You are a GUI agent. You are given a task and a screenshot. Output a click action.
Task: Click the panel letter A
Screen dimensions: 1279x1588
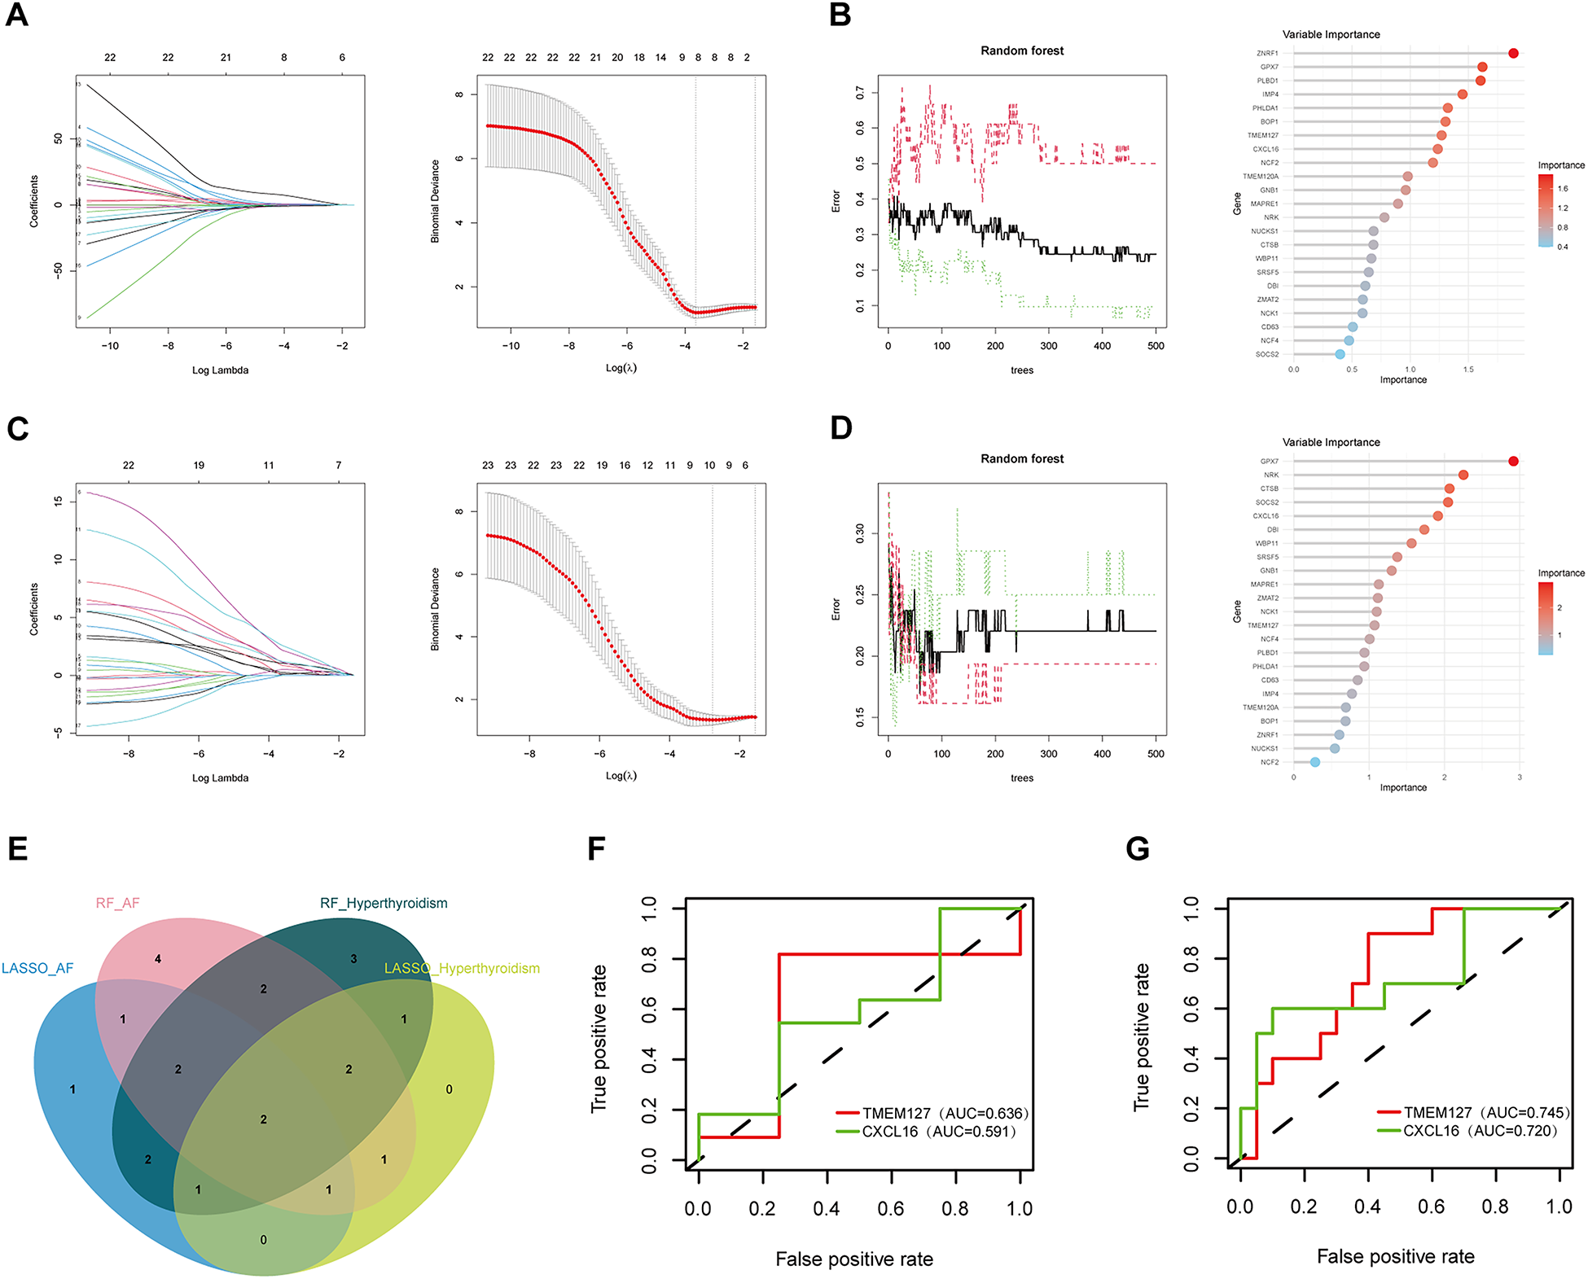(17, 15)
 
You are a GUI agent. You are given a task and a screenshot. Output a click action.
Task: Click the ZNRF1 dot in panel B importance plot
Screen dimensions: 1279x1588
(1513, 54)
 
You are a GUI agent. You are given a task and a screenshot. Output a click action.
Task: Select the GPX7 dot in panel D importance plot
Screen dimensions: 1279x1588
(1513, 462)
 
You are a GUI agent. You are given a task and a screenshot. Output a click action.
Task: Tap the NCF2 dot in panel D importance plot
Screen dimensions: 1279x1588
(1315, 762)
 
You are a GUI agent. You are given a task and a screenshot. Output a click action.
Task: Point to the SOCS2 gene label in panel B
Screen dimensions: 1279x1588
(1267, 354)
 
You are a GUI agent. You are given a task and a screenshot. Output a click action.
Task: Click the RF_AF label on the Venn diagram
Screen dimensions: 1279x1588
(118, 903)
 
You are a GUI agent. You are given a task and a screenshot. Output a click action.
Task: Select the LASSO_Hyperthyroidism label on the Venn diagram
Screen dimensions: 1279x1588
(462, 968)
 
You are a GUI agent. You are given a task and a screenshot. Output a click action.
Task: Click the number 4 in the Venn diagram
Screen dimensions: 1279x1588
(158, 959)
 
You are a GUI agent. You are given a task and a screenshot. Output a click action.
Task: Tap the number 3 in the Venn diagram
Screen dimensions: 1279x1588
(353, 959)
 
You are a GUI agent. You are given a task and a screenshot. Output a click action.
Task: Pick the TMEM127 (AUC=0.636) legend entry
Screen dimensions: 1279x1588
(945, 1113)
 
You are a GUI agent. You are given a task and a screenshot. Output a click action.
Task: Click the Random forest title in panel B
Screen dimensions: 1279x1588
(1022, 50)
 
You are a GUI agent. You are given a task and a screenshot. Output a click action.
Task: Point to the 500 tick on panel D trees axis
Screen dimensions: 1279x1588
(1156, 754)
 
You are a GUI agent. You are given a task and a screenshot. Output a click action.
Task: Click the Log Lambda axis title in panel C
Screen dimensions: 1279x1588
(220, 778)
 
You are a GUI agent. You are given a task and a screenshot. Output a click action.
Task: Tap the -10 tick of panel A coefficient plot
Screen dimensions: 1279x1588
(110, 346)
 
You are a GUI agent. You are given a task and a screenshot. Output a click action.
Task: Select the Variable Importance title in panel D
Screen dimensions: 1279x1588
(1331, 442)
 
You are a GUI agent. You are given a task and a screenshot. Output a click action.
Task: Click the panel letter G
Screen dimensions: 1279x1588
(1137, 849)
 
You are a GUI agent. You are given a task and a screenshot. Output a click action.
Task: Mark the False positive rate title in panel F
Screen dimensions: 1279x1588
(854, 1259)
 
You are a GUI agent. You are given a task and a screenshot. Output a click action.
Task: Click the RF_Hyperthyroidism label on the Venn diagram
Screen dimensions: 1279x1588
(384, 903)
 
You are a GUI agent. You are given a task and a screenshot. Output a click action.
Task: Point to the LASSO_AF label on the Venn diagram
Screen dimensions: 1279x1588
(37, 968)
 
